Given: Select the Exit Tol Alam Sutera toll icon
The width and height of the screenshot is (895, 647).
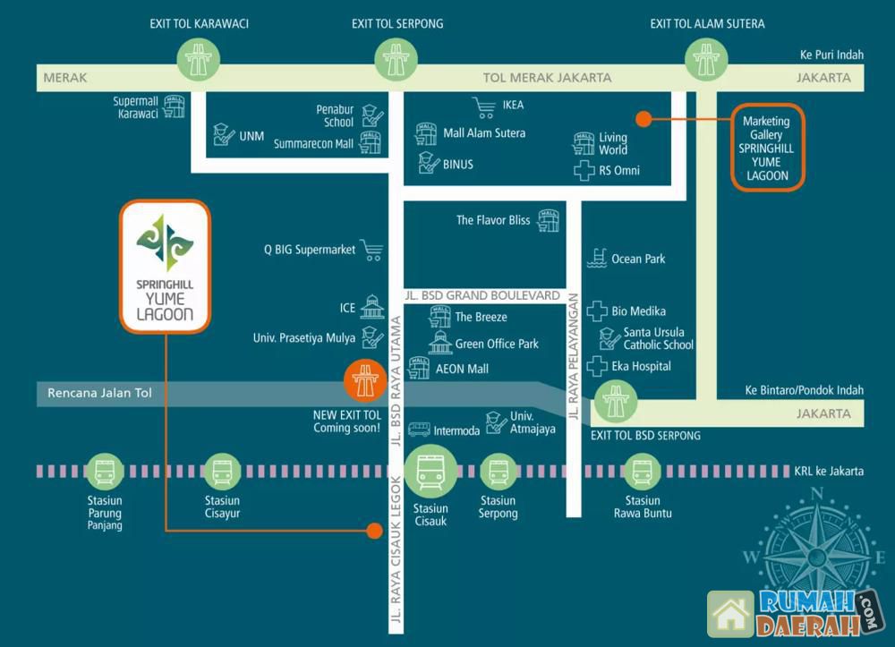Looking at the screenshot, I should click(x=706, y=61).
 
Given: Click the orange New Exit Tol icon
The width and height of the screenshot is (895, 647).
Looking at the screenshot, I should click(x=365, y=382).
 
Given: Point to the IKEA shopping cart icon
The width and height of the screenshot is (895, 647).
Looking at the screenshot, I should click(x=484, y=107).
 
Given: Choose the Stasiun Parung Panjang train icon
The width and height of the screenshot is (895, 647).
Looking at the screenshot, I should click(x=105, y=472).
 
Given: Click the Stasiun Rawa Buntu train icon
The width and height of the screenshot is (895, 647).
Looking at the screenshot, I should click(x=642, y=472).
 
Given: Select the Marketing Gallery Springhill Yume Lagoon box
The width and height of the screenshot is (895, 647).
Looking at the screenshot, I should click(x=767, y=147).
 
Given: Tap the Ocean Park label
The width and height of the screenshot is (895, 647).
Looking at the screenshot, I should click(x=638, y=259).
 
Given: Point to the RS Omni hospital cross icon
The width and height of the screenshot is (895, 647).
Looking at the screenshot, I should click(x=584, y=171).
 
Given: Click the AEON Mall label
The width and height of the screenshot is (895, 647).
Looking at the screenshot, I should click(x=462, y=369).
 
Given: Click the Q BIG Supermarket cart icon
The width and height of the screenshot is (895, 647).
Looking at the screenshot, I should click(x=371, y=251).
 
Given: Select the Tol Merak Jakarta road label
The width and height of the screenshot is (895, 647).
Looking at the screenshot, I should click(x=547, y=78).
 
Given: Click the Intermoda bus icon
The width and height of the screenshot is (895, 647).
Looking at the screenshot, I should click(x=419, y=430).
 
